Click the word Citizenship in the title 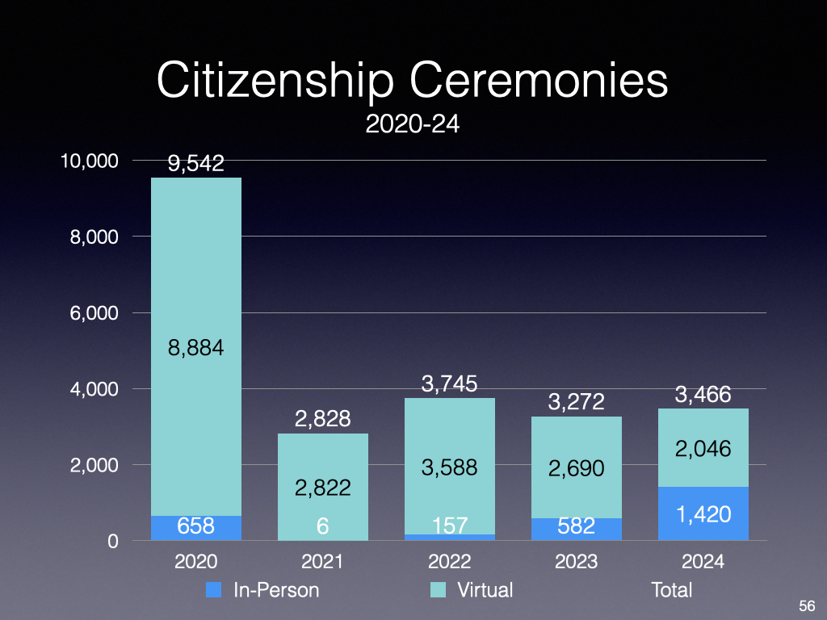275,81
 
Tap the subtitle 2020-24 413,125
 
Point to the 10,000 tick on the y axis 90,161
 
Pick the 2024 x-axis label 703,562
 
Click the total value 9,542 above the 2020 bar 195,164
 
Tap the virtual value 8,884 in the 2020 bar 195,349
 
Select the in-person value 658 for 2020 195,526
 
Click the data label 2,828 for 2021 322,419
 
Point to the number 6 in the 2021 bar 322,526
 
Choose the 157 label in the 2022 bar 449,526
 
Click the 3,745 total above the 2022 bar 449,385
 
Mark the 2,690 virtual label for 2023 576,467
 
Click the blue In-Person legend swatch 213,590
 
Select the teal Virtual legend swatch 438,590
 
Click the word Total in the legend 671,590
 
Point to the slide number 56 806,605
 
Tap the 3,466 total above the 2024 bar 703,395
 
